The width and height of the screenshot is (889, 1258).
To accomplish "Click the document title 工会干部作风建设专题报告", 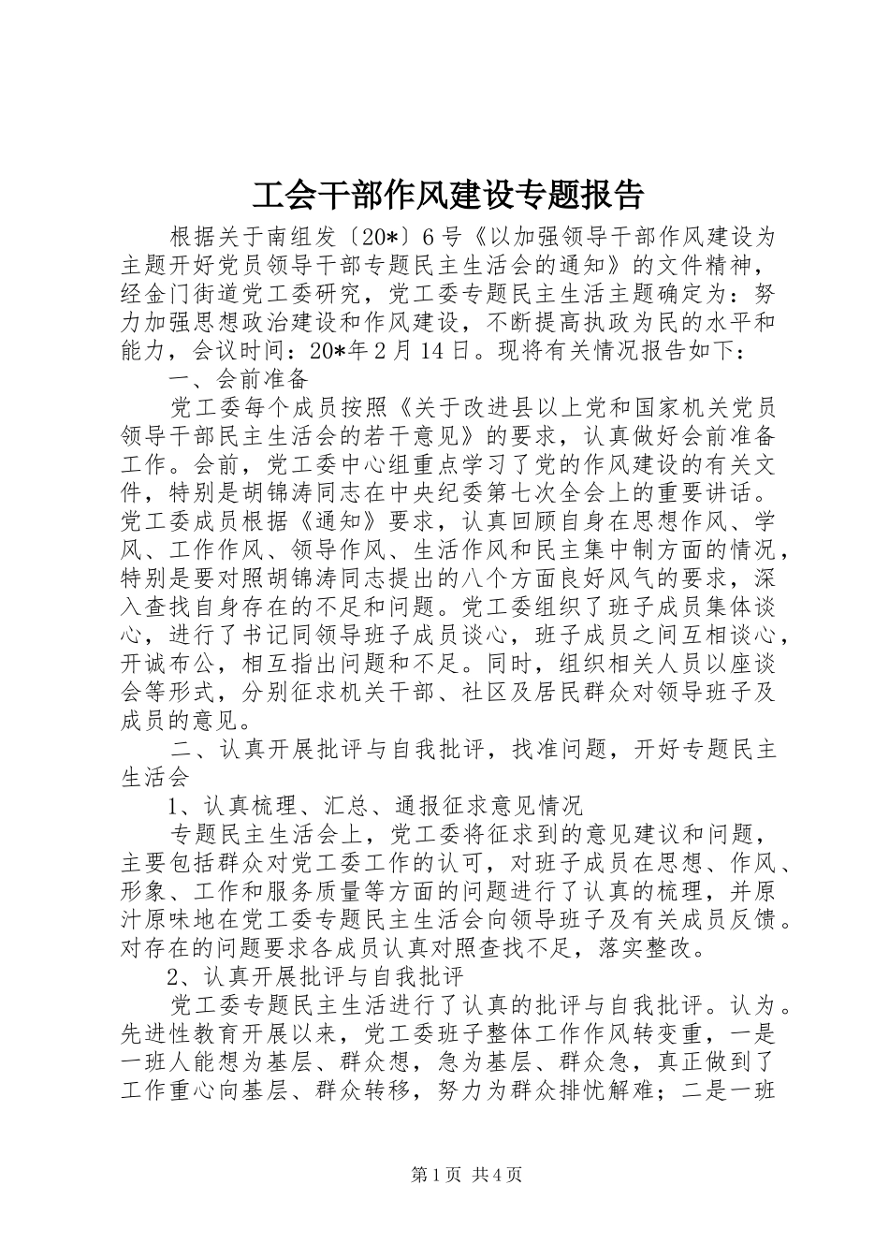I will [x=448, y=195].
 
